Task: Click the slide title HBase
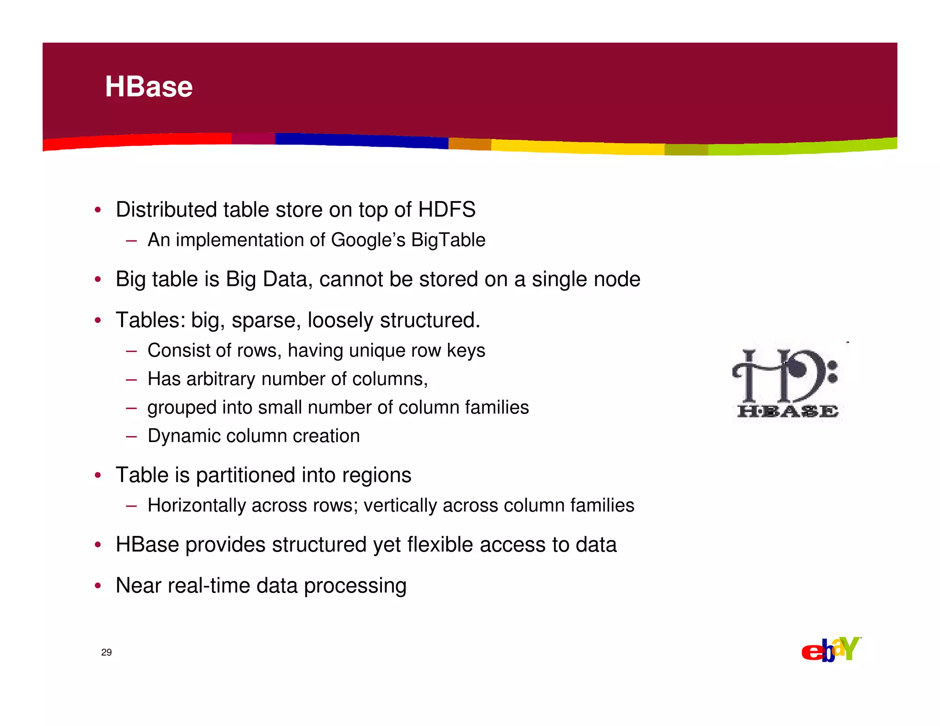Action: click(x=149, y=87)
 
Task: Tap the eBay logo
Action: click(x=831, y=649)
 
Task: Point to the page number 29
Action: click(x=106, y=652)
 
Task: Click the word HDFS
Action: click(x=447, y=210)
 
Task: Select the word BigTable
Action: click(x=448, y=240)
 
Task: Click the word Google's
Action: click(x=368, y=240)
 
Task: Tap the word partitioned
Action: click(x=246, y=475)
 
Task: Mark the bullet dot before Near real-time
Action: click(x=97, y=586)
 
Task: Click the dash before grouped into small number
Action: click(x=131, y=408)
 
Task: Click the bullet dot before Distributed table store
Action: click(x=97, y=210)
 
